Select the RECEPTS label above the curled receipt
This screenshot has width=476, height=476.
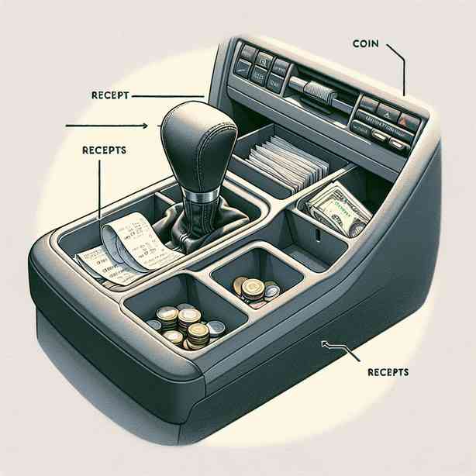tap(103, 150)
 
